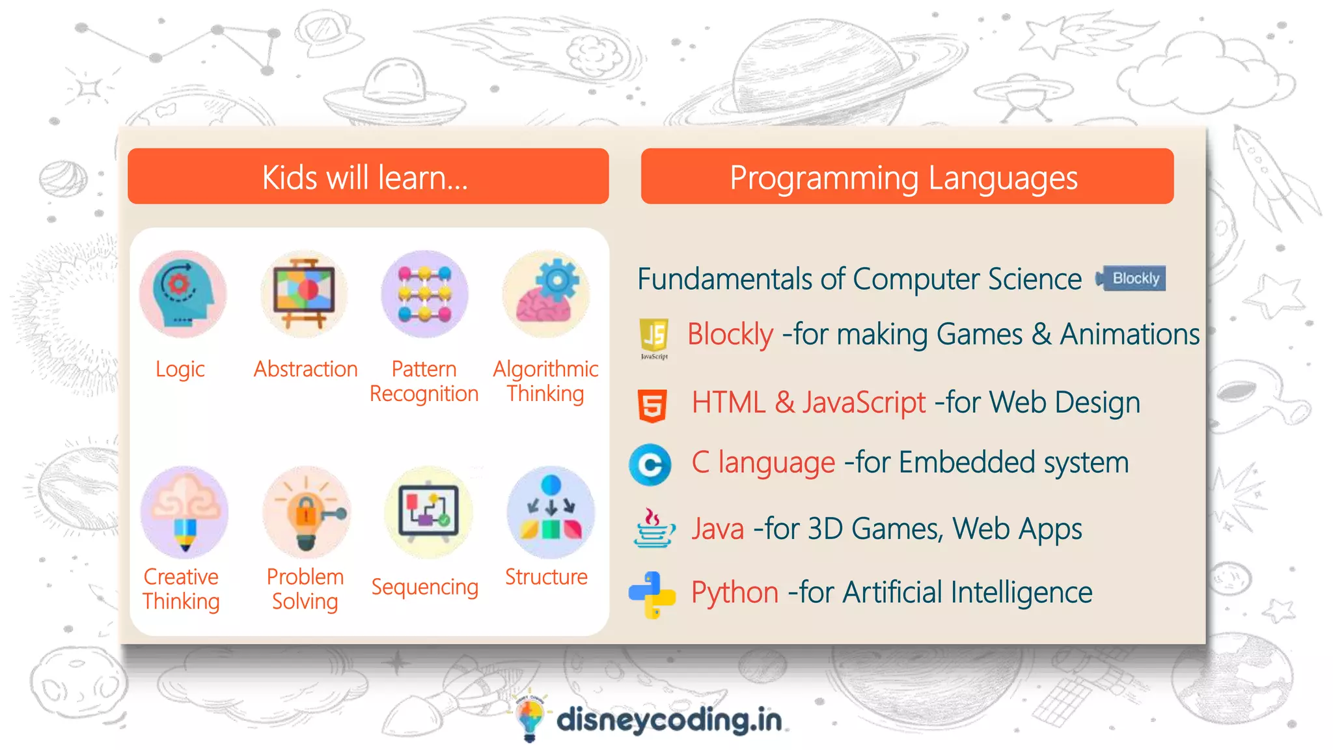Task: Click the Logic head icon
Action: (183, 294)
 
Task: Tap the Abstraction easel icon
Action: (304, 294)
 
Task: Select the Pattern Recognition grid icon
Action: (425, 294)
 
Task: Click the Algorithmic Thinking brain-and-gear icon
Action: (547, 294)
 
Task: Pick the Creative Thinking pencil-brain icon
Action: (185, 511)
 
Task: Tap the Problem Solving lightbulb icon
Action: (307, 511)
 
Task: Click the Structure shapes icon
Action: (550, 511)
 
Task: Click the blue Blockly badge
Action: (1131, 279)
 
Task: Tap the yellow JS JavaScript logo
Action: (654, 337)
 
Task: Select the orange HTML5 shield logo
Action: (652, 405)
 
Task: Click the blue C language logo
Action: (650, 465)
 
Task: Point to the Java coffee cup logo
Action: (653, 528)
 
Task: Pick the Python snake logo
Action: (652, 594)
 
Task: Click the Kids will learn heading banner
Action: (368, 176)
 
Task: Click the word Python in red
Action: (734, 592)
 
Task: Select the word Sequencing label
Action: (424, 587)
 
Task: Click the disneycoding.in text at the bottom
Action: (668, 720)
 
